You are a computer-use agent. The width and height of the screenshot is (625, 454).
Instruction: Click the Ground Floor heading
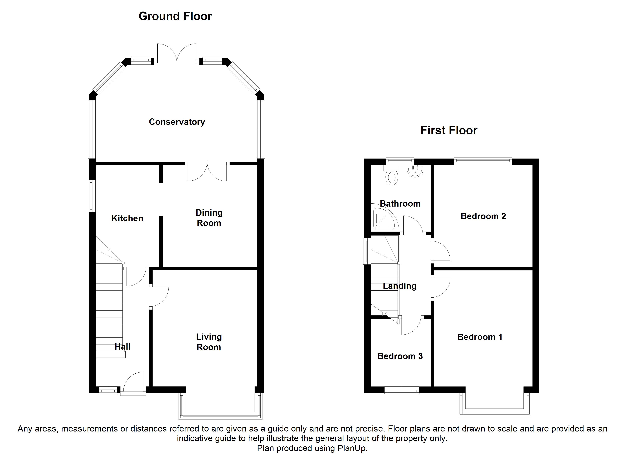coord(175,16)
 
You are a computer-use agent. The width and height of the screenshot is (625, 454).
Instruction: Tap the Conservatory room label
coord(177,122)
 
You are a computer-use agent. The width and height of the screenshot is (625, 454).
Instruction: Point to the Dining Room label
coord(209,218)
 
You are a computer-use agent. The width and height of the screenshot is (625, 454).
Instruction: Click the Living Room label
coord(209,342)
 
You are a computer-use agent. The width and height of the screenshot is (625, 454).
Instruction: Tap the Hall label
coord(122,347)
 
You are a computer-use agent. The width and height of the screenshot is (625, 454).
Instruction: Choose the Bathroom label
coord(400,204)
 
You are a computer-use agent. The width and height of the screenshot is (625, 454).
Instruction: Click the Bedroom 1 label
coord(480,337)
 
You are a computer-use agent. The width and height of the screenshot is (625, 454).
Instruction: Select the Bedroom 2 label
coord(483,216)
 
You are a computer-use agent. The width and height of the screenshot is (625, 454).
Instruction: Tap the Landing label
coord(400,286)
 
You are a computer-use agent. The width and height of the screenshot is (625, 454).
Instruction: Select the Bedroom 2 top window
coord(483,161)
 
